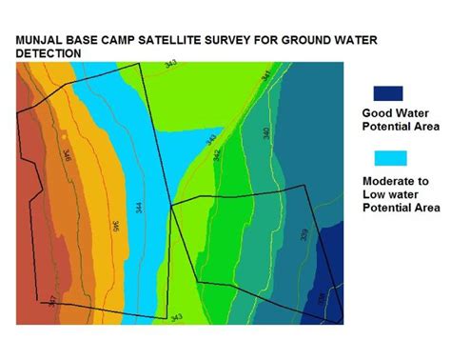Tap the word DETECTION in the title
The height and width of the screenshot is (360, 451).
(47, 54)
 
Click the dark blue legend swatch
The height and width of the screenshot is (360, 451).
(388, 93)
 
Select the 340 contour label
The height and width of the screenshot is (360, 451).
(265, 133)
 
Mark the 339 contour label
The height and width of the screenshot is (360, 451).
(303, 234)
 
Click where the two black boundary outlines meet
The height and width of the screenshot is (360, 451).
(170, 204)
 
